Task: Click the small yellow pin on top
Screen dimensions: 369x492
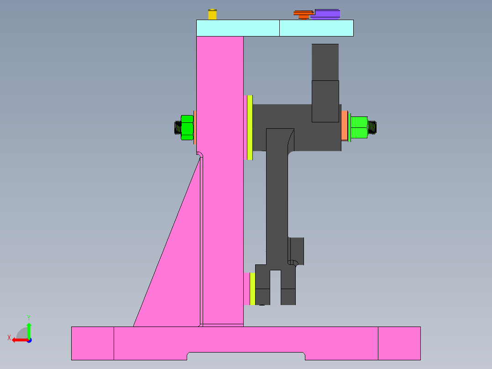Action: coord(212,14)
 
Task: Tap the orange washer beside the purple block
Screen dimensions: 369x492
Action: coord(303,15)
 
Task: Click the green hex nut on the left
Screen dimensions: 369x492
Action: coord(187,127)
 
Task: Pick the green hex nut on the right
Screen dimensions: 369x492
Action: coord(359,127)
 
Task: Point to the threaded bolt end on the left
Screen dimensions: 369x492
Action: coord(178,127)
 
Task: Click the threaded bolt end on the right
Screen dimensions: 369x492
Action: coord(373,127)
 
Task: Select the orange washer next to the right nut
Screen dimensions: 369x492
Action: coord(345,125)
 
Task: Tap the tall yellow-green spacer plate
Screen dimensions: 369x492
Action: coord(250,127)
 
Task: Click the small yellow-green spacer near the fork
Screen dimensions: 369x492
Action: coord(252,289)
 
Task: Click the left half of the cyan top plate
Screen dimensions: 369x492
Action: coord(237,28)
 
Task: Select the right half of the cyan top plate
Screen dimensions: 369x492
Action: coord(316,28)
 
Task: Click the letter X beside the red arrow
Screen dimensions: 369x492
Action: coord(9,338)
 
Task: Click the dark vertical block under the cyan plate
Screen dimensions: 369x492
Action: coord(325,62)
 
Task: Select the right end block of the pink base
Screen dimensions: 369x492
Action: coord(399,343)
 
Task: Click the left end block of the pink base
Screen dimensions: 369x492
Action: coord(92,343)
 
